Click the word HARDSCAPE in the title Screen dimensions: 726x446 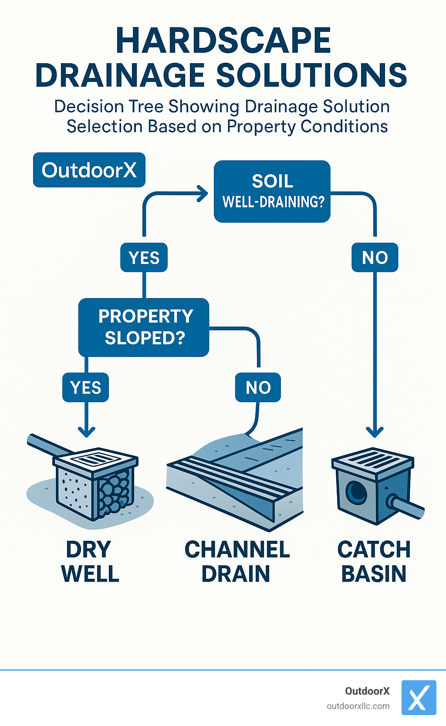click(223, 41)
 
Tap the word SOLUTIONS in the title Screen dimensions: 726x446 click(311, 75)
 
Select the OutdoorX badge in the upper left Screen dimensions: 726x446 click(89, 170)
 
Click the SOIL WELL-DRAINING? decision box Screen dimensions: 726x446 click(272, 191)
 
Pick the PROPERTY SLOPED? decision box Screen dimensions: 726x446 click(144, 327)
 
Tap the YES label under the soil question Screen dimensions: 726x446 click(144, 258)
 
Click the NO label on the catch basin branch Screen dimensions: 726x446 click(375, 258)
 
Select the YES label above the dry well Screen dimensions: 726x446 click(86, 387)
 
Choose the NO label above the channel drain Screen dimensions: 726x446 click(258, 387)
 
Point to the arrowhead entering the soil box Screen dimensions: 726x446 click(203, 193)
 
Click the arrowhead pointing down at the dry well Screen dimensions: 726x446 click(86, 431)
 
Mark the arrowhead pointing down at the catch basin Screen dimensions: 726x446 click(375, 431)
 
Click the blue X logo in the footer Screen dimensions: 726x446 click(418, 697)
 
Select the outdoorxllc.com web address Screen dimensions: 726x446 click(358, 706)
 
